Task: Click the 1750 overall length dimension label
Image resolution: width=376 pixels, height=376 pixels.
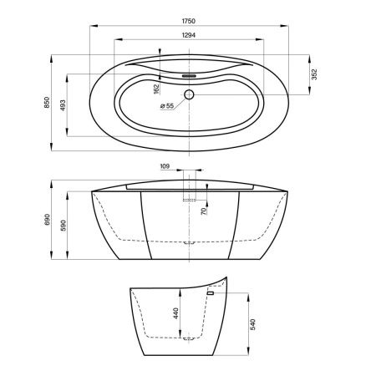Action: click(189, 21)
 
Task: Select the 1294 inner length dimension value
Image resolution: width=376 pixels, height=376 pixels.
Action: click(189, 35)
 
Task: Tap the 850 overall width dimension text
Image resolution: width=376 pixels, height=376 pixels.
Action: click(47, 102)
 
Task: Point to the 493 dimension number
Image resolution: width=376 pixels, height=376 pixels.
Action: click(63, 105)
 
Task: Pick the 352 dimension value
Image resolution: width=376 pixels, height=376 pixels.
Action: click(314, 74)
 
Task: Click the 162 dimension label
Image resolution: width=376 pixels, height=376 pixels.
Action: click(156, 89)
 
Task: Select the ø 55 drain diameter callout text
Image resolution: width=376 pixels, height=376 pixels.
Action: click(167, 106)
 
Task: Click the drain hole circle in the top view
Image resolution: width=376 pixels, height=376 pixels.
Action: click(189, 94)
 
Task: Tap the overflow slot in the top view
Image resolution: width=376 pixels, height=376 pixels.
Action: click(189, 76)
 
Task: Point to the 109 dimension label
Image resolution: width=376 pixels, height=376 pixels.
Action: click(165, 166)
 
